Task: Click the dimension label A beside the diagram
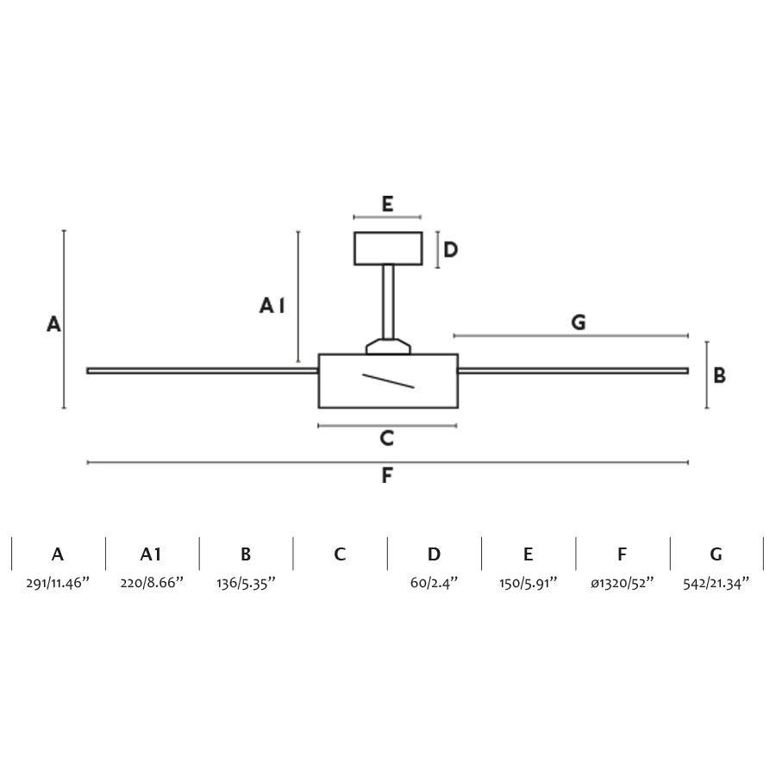(x=53, y=325)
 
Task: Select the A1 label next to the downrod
(x=272, y=305)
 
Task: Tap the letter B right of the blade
(x=719, y=376)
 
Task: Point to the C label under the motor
(x=387, y=439)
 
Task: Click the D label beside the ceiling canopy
(x=450, y=250)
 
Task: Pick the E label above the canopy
(x=387, y=204)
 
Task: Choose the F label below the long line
(x=387, y=476)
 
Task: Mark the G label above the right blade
(x=579, y=322)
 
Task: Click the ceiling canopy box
(x=388, y=248)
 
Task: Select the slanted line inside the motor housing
(x=388, y=381)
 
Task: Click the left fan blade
(x=202, y=371)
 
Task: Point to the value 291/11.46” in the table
(x=58, y=583)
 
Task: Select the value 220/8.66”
(x=152, y=583)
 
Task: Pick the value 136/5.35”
(x=246, y=583)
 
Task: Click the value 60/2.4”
(x=434, y=583)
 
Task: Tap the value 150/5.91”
(x=528, y=583)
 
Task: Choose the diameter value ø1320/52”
(x=622, y=583)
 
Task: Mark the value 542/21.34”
(x=716, y=583)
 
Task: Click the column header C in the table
(x=340, y=554)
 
